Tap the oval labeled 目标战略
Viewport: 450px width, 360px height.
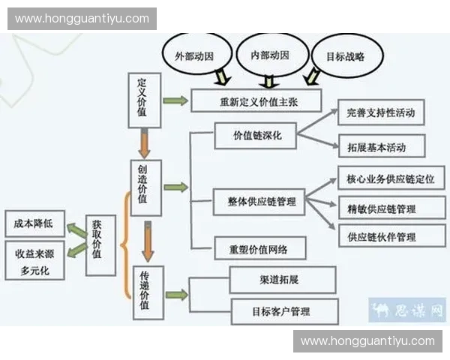(x=346, y=55)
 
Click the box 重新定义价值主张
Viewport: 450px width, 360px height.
(x=256, y=101)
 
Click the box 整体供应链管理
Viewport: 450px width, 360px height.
(x=258, y=202)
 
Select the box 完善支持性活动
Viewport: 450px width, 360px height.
(x=381, y=112)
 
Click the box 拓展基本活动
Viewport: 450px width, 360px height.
(x=381, y=145)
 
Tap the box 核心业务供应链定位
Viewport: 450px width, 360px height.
(x=391, y=178)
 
